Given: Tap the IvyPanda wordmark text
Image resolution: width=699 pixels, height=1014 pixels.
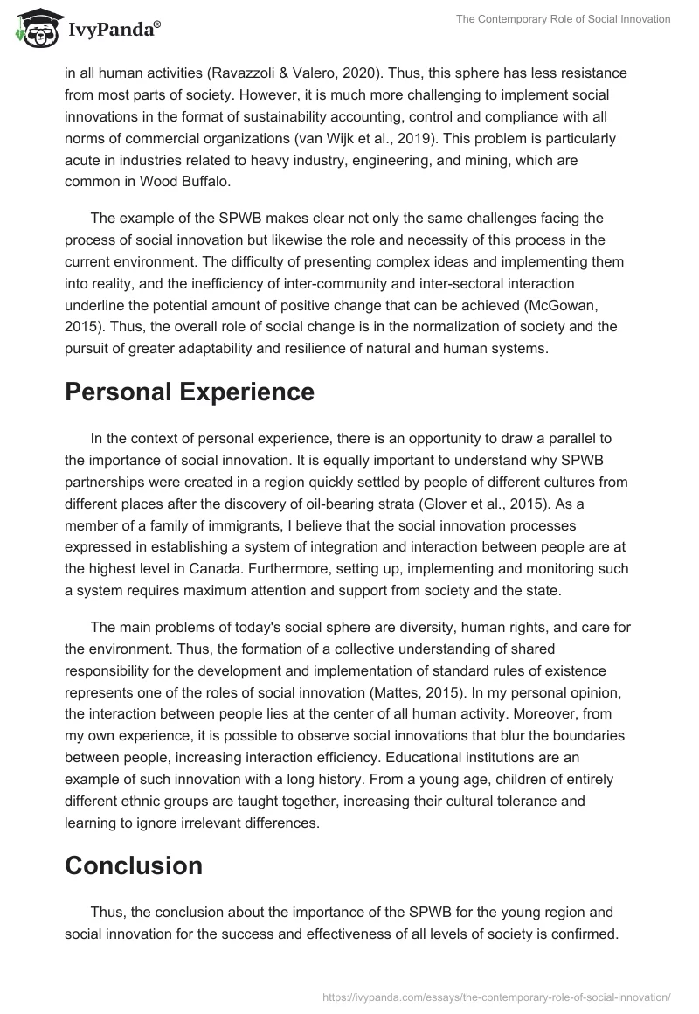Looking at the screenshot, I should coord(111,30).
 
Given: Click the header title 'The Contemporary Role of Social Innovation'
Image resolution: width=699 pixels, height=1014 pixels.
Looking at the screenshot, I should coord(564,20).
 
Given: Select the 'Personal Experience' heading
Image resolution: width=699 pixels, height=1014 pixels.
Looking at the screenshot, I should coord(190,392).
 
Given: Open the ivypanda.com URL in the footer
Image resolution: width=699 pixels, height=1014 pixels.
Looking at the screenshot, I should coord(495,997).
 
